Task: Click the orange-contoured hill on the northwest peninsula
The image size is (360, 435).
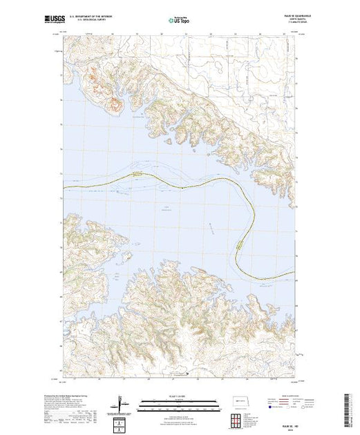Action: click(114, 106)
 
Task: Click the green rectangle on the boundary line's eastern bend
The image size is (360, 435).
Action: click(240, 244)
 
